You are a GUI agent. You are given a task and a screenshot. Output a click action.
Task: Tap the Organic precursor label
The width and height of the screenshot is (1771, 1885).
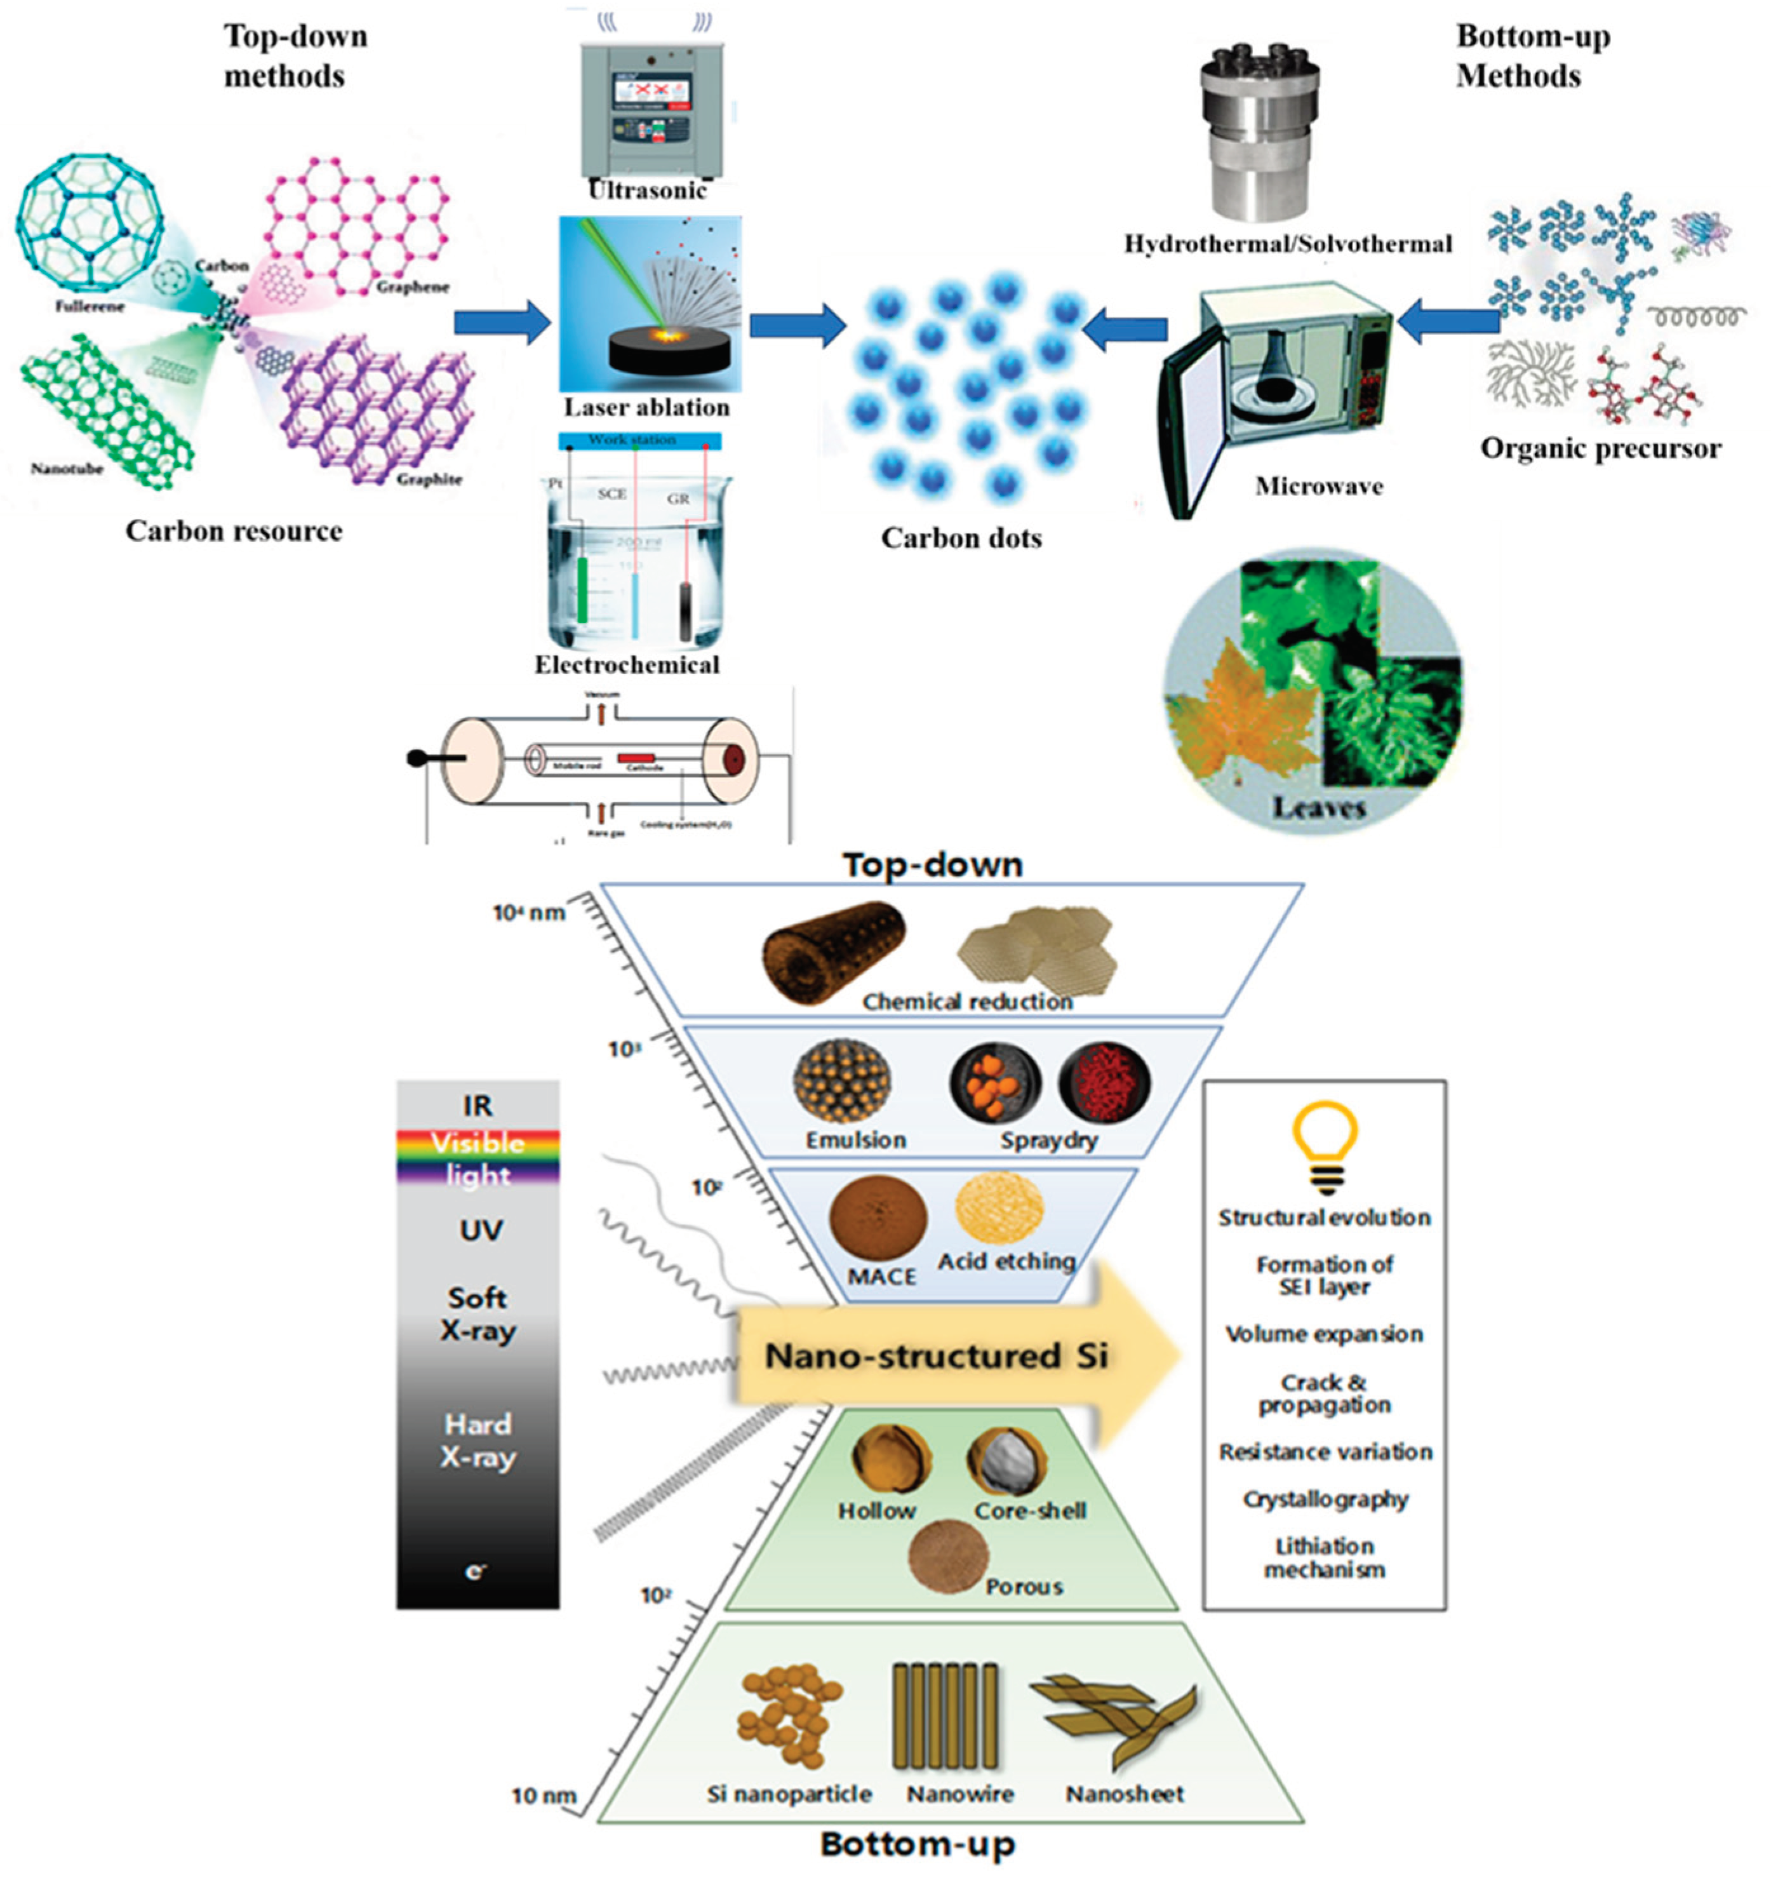coord(1600,448)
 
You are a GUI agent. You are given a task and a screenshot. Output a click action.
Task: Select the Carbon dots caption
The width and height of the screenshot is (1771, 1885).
coord(961,539)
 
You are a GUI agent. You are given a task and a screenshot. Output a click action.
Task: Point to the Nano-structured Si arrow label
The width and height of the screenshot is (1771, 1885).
coord(936,1356)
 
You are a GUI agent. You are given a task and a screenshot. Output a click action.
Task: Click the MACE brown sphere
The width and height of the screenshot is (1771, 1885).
coord(878,1218)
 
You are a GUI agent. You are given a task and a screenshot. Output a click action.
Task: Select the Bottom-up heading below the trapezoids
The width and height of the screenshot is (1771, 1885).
coord(918,1844)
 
